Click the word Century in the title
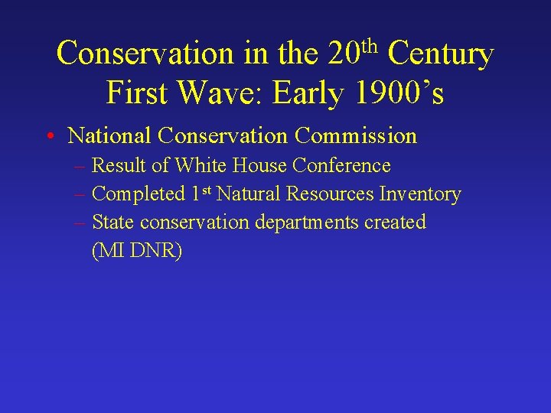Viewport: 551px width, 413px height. [x=440, y=54]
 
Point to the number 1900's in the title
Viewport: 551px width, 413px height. [x=399, y=93]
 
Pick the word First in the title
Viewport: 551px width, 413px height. [x=138, y=93]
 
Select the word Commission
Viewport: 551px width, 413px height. [x=355, y=136]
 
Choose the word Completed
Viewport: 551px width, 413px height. [x=138, y=194]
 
